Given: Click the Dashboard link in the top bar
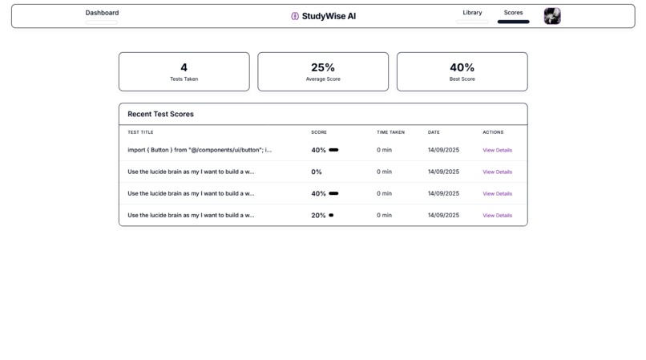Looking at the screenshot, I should pos(102,13).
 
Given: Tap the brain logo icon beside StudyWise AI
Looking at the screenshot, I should pos(295,16).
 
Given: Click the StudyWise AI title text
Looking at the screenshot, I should pos(329,16).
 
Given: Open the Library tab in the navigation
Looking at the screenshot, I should pos(472,13).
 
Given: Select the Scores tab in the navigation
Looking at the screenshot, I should pos(513,13).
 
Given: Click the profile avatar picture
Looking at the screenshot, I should pos(552,16).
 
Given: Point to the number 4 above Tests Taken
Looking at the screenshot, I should pos(184,67).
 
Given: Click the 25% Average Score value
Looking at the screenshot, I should pos(323,67).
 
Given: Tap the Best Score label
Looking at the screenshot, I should pos(462,79).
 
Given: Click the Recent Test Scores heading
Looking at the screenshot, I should pos(160,114).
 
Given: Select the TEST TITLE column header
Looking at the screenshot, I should pos(140,132).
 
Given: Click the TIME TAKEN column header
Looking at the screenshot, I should pos(390,132).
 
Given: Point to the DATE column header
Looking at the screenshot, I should pos(434,132).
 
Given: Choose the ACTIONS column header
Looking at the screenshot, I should pos(493,132).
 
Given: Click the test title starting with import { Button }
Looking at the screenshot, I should pos(200,150).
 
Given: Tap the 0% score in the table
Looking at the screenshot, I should pos(317,172).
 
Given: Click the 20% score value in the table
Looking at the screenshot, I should pos(318,216).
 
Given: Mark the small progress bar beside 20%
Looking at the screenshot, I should pos(331,215).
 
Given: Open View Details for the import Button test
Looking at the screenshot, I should pos(497,150).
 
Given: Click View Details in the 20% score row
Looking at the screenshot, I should pos(497,216).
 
